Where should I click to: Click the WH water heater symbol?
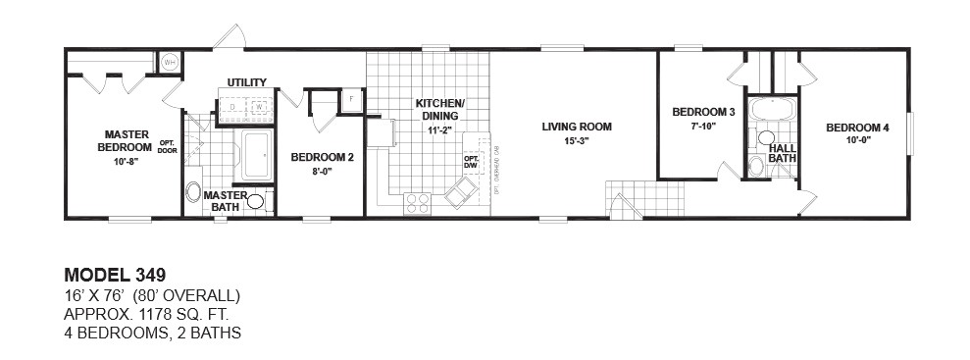tap(170, 62)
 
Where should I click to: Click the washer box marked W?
tap(260, 107)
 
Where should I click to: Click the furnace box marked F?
tap(349, 99)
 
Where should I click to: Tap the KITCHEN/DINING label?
tap(439, 109)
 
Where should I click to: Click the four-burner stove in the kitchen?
tap(417, 203)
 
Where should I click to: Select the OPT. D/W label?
tap(471, 161)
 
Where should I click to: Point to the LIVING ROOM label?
tap(576, 127)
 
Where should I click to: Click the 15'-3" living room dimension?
tap(576, 140)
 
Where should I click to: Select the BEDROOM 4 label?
tap(857, 128)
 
